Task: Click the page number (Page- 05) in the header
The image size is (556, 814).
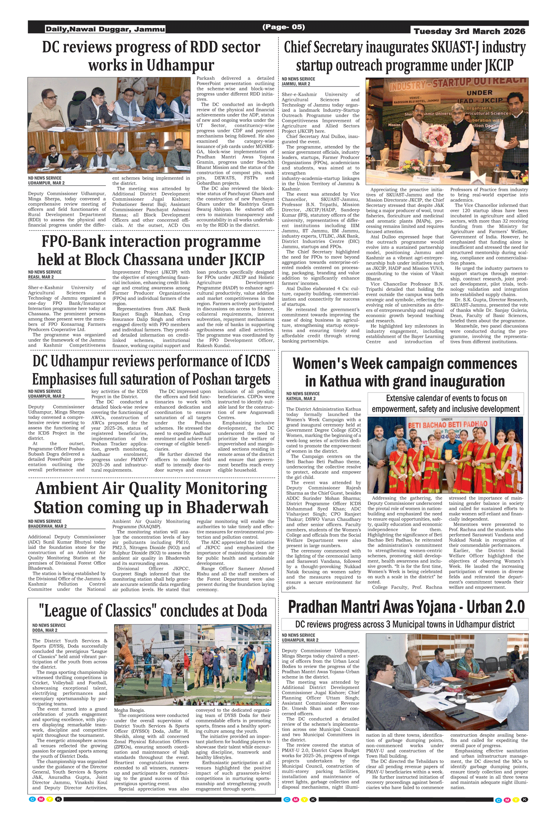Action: [x=284, y=27]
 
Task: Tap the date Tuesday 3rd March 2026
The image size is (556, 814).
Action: [x=469, y=31]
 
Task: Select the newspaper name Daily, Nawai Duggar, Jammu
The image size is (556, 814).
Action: [x=105, y=29]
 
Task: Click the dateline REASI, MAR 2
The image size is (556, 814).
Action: [x=41, y=277]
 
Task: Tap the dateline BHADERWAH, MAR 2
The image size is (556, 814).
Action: [x=47, y=526]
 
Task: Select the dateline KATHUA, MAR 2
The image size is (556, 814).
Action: [x=301, y=398]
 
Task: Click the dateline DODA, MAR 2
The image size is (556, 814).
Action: [x=45, y=630]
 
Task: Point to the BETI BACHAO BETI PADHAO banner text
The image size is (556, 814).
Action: [x=447, y=424]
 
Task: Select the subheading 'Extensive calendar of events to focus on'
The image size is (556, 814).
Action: [x=446, y=398]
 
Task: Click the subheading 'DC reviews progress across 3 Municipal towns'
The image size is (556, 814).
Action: [x=405, y=624]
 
